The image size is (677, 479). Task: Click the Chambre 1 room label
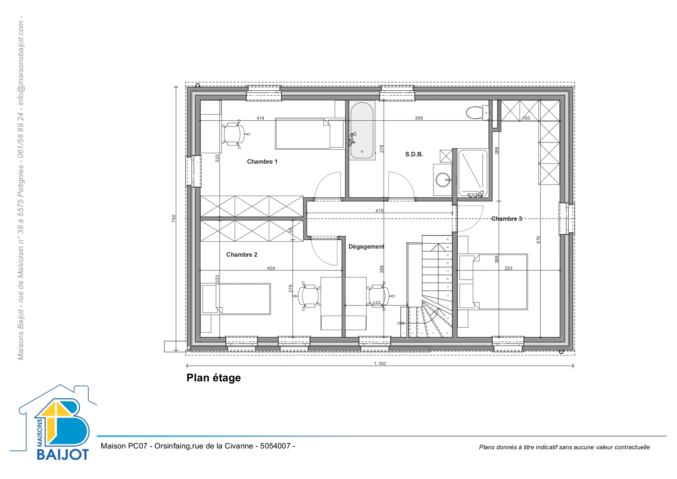click(x=262, y=162)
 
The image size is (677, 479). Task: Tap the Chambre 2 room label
click(x=242, y=255)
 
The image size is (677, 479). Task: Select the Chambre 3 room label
click(x=506, y=219)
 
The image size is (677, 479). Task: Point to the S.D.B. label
click(x=414, y=154)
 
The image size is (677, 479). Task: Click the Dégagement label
click(x=366, y=247)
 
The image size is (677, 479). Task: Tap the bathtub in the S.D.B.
click(x=362, y=130)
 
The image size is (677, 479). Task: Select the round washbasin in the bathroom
click(x=442, y=179)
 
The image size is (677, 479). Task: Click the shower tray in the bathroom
click(x=472, y=173)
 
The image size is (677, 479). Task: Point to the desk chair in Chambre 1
click(x=234, y=134)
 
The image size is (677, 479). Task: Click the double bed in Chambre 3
click(x=493, y=282)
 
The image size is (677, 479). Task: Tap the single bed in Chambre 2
click(x=236, y=299)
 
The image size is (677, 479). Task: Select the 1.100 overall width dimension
click(x=380, y=364)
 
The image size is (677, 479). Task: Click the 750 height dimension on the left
click(x=174, y=218)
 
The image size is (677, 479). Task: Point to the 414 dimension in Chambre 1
click(x=261, y=118)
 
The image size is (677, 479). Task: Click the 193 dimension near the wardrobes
click(x=526, y=118)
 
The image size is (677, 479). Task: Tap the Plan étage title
click(x=214, y=378)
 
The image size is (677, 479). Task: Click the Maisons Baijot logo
click(x=54, y=423)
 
